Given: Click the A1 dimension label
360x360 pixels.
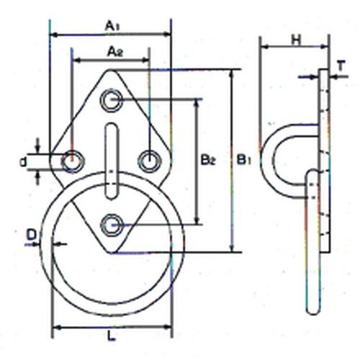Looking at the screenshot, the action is pyautogui.click(x=112, y=26).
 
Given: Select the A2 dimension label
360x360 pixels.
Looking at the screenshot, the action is pyautogui.click(x=115, y=52).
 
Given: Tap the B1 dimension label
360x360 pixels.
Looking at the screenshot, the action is pyautogui.click(x=244, y=160).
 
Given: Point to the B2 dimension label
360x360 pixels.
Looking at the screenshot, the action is pyautogui.click(x=208, y=161).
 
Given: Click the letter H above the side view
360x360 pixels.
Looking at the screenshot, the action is pyautogui.click(x=296, y=40).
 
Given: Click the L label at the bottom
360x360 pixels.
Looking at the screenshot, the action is pyautogui.click(x=111, y=337).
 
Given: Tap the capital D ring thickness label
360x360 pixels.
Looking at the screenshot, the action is pyautogui.click(x=32, y=235).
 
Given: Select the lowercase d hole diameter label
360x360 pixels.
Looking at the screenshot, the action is pyautogui.click(x=23, y=162).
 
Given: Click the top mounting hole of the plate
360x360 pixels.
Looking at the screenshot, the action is pyautogui.click(x=112, y=100).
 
